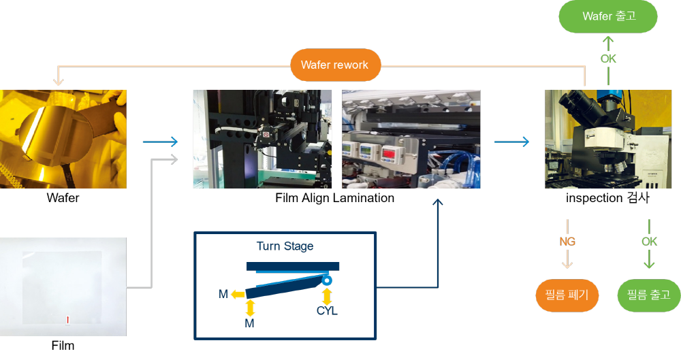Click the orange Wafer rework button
[x=335, y=65]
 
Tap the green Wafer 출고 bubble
[x=608, y=16]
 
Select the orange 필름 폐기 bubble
[x=567, y=295]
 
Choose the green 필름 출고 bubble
[x=649, y=295]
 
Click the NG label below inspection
[x=567, y=242]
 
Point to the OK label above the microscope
[x=608, y=59]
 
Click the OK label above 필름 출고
[x=649, y=242]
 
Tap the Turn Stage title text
[x=285, y=246]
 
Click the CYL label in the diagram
[x=327, y=311]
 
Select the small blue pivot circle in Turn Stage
[x=327, y=280]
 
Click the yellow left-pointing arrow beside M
[x=238, y=295]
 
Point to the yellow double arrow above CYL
[x=327, y=297]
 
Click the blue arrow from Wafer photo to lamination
[x=160, y=142]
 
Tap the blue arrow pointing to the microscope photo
[x=511, y=142]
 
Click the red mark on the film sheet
[x=67, y=320]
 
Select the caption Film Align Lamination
[x=335, y=198]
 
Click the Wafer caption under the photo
[x=63, y=198]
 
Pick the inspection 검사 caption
[x=607, y=198]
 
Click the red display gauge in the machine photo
[x=389, y=154]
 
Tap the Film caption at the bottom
[x=63, y=346]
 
